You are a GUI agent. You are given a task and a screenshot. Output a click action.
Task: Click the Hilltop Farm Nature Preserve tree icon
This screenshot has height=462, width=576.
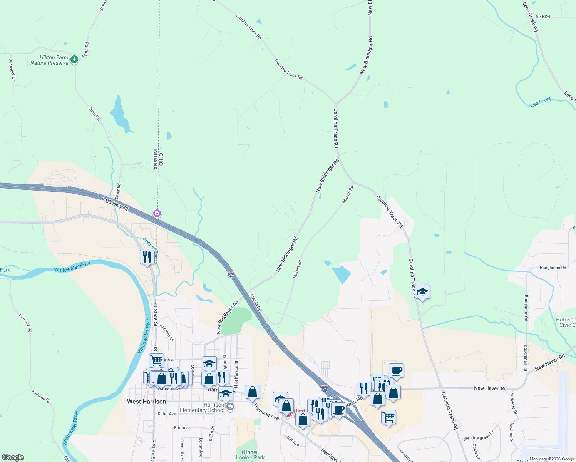tap(74, 60)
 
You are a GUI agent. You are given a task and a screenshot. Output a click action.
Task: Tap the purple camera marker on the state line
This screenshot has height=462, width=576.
tap(157, 213)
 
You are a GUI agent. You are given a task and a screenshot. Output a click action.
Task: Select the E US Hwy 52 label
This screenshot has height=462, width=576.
tap(115, 204)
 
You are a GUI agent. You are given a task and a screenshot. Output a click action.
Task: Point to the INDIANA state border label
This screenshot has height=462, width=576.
tap(156, 159)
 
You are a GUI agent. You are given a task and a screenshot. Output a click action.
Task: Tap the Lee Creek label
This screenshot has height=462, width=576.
tap(541, 102)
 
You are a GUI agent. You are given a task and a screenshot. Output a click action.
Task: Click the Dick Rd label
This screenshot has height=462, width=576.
tap(543, 17)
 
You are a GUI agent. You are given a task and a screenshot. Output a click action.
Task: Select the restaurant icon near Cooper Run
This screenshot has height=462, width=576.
tap(147, 256)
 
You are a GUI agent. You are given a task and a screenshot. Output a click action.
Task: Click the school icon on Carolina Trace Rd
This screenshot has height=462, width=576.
tap(422, 292)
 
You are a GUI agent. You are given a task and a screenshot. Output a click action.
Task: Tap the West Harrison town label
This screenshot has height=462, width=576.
tap(146, 402)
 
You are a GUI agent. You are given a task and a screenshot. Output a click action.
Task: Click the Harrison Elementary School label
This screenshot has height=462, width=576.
tap(202, 407)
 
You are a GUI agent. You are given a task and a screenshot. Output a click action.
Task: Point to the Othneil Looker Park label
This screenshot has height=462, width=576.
tap(250, 455)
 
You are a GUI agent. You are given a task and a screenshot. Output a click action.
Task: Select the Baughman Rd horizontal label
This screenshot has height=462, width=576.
tap(553, 268)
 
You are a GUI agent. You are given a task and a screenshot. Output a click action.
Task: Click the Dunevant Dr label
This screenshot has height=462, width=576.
tap(12, 69)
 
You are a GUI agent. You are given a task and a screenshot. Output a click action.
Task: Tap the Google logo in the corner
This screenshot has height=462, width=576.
tap(13, 457)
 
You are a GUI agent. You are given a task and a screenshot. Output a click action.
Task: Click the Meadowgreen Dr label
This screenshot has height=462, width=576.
tap(478, 436)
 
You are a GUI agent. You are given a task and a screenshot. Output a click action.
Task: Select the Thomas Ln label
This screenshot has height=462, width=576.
tap(167, 333)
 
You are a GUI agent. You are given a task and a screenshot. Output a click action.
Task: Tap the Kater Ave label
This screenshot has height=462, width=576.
tap(167, 414)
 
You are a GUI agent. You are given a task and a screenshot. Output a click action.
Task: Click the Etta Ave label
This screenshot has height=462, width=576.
tap(182, 428)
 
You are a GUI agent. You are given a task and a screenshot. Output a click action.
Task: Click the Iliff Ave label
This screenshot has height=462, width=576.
tap(293, 441)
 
